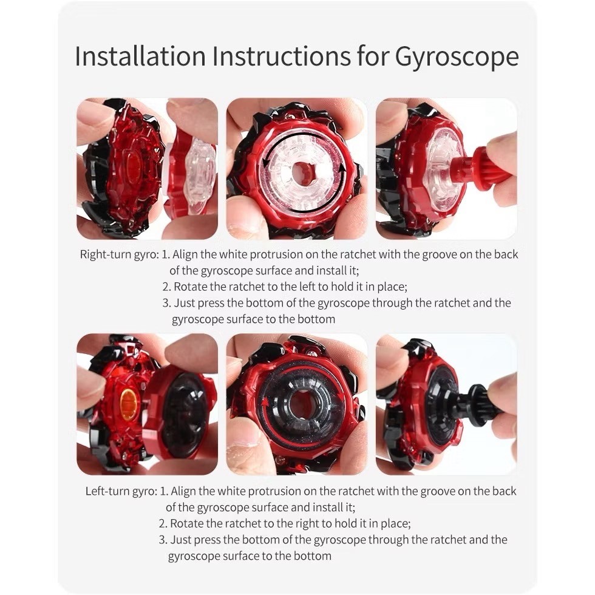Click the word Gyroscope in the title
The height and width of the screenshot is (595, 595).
tap(457, 57)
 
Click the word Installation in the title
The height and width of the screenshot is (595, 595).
tap(140, 56)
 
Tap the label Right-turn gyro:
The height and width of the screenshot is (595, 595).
tap(119, 254)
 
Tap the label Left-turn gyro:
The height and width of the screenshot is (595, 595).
tap(121, 491)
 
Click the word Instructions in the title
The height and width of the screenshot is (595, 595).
tap(281, 56)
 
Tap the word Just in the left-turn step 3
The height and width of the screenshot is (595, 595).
tap(182, 540)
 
